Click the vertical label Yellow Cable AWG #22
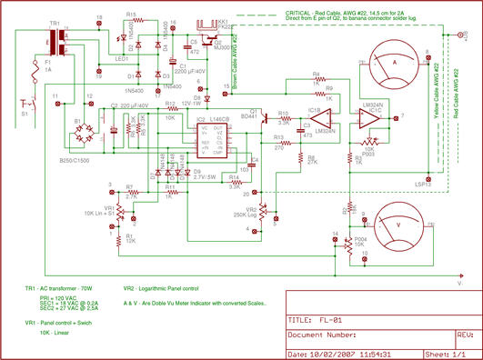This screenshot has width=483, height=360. click(432, 109)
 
